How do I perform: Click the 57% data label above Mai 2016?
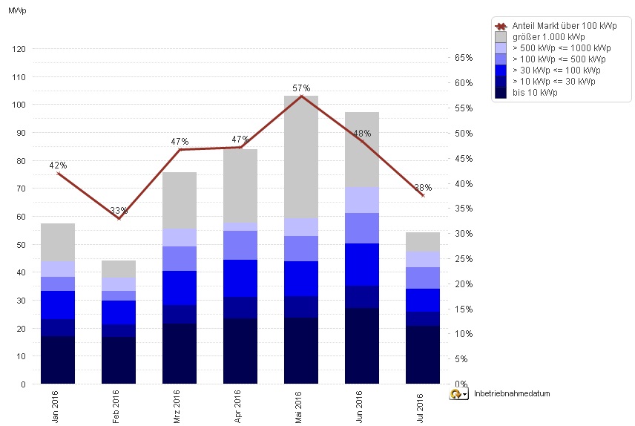[x=301, y=88]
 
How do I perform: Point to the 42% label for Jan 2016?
[x=58, y=165]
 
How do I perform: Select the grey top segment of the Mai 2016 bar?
[x=301, y=157]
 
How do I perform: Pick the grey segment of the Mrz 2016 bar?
[x=180, y=200]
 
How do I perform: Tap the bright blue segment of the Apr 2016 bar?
[x=240, y=278]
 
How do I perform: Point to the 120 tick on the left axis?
[x=19, y=49]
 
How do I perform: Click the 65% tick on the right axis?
[x=464, y=57]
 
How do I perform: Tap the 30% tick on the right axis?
[x=464, y=234]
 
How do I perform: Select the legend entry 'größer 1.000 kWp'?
[x=548, y=36]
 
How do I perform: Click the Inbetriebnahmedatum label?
[x=511, y=394]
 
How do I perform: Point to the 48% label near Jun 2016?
[x=362, y=134]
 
